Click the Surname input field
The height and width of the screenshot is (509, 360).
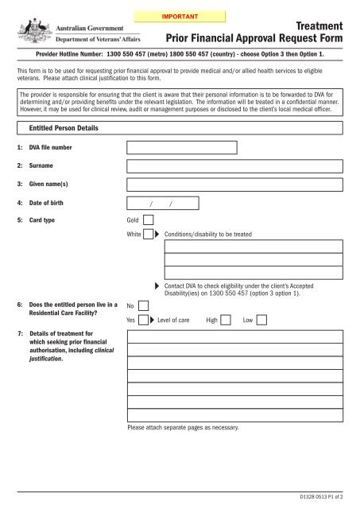[x=235, y=166]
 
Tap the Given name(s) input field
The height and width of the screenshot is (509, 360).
[x=235, y=185]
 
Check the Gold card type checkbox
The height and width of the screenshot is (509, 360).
[x=147, y=220]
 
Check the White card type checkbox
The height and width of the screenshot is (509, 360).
[x=147, y=235]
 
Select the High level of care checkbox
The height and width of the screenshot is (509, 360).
[x=226, y=321]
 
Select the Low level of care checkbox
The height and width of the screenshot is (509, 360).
[x=261, y=321]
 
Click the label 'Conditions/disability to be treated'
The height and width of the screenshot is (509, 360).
[x=207, y=235]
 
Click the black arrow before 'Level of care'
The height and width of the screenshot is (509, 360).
[x=152, y=321]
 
